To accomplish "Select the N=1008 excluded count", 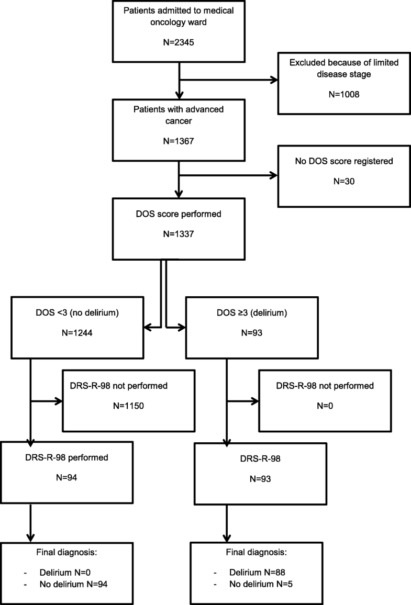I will pyautogui.click(x=337, y=95).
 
